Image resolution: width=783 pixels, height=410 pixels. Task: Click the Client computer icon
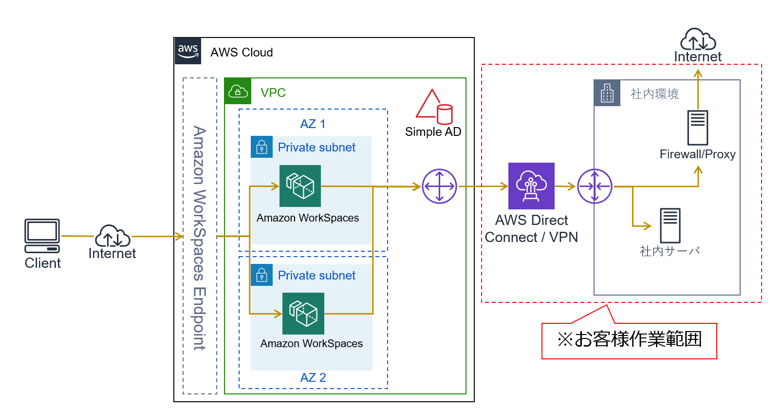coord(42,236)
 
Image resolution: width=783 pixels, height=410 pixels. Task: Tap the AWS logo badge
coord(188,51)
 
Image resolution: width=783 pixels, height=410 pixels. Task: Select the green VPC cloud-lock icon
coord(238,91)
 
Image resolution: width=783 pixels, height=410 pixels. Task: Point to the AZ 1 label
coord(313,124)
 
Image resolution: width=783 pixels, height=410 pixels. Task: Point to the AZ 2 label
coord(313,377)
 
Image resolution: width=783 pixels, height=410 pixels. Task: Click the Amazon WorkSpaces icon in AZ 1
coord(300,186)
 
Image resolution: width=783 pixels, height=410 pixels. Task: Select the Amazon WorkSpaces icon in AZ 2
coord(303,313)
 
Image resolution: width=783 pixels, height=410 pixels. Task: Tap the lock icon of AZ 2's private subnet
coord(261,275)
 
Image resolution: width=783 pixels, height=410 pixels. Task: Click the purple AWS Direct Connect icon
coord(531,186)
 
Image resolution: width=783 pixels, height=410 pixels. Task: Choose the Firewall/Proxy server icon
coord(697,128)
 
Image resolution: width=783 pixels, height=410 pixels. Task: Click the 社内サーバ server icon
coord(670,225)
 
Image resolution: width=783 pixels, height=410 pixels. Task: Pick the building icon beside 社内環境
coord(607,93)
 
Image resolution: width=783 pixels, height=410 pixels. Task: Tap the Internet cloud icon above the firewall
coord(698,40)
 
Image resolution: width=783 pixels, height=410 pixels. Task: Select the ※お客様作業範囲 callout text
coord(629,339)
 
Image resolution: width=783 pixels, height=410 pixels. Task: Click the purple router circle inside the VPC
coord(439,186)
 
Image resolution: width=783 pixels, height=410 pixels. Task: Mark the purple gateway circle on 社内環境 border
coord(595,186)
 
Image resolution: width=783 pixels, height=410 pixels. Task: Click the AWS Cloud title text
coord(242,52)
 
